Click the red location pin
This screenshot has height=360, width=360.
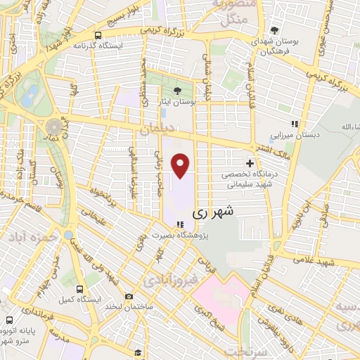pos(181,166)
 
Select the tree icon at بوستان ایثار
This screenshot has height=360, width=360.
pos(177,90)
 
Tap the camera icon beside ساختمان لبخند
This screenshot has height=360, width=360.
pos(128,297)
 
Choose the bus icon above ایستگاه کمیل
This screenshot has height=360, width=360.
pos(79,288)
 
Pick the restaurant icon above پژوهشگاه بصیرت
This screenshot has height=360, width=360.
pos(181,225)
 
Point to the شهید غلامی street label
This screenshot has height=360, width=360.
pos(328,261)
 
